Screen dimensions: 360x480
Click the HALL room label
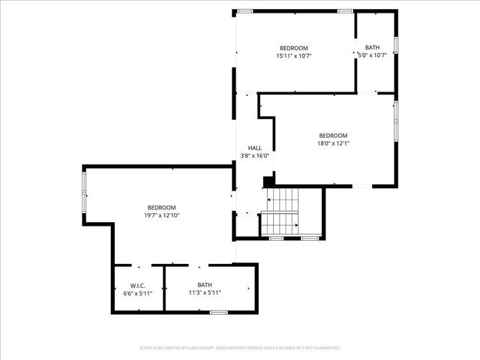[255, 148]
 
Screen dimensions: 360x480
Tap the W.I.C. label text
[137, 285]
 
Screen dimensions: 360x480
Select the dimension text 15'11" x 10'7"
[293, 55]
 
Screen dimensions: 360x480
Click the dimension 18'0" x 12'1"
[333, 143]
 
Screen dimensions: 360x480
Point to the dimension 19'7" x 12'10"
[161, 215]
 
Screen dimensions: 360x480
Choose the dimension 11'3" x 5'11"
[205, 293]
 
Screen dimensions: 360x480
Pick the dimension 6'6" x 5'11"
[137, 293]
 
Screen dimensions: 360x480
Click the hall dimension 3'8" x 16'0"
[255, 156]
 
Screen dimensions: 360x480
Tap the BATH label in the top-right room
[373, 47]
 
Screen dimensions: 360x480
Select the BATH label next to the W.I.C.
[205, 285]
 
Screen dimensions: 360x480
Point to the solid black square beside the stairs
[268, 181]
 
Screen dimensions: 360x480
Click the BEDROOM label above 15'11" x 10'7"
[294, 47]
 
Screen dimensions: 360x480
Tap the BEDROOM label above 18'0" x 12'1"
[333, 135]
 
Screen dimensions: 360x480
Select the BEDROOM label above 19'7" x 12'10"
[161, 207]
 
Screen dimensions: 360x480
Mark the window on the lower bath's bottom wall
[218, 312]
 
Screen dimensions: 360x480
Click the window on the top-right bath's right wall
[396, 45]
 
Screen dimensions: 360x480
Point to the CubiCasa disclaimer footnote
[240, 348]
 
